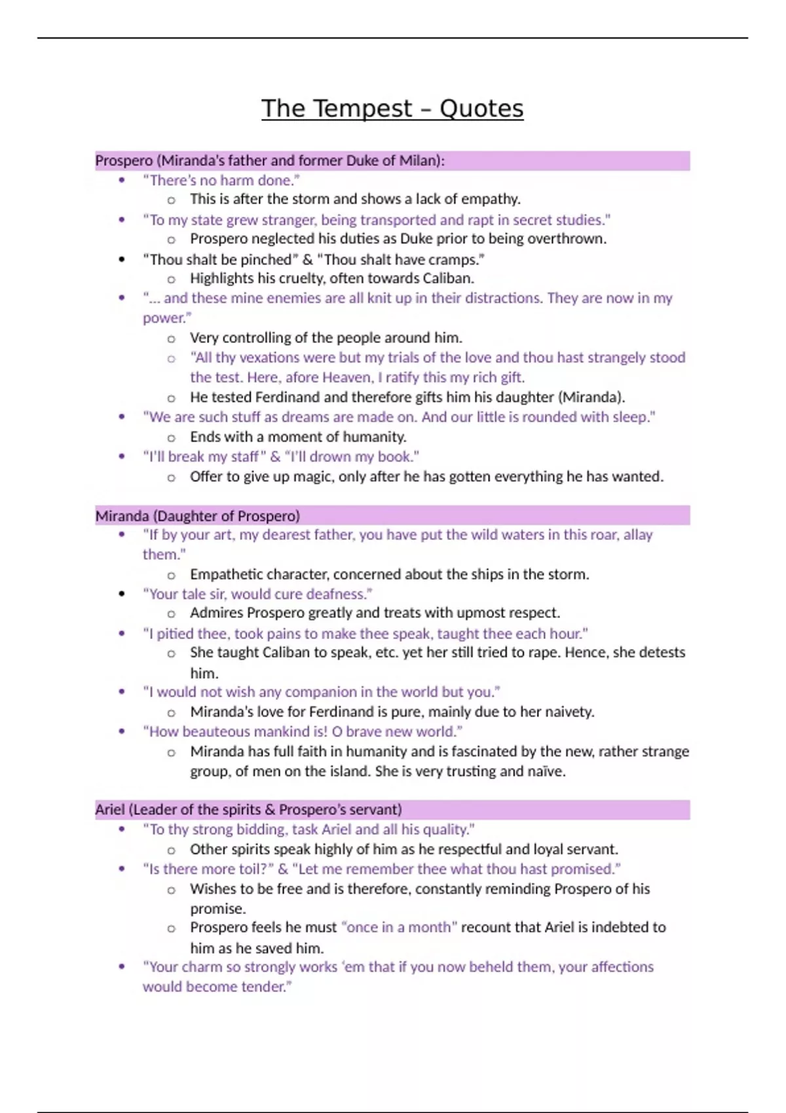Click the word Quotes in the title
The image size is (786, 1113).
coord(481,109)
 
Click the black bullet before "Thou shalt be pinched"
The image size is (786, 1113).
coord(122,259)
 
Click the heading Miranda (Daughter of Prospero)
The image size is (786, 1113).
coord(197,516)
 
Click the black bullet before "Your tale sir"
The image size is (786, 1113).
coord(122,594)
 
